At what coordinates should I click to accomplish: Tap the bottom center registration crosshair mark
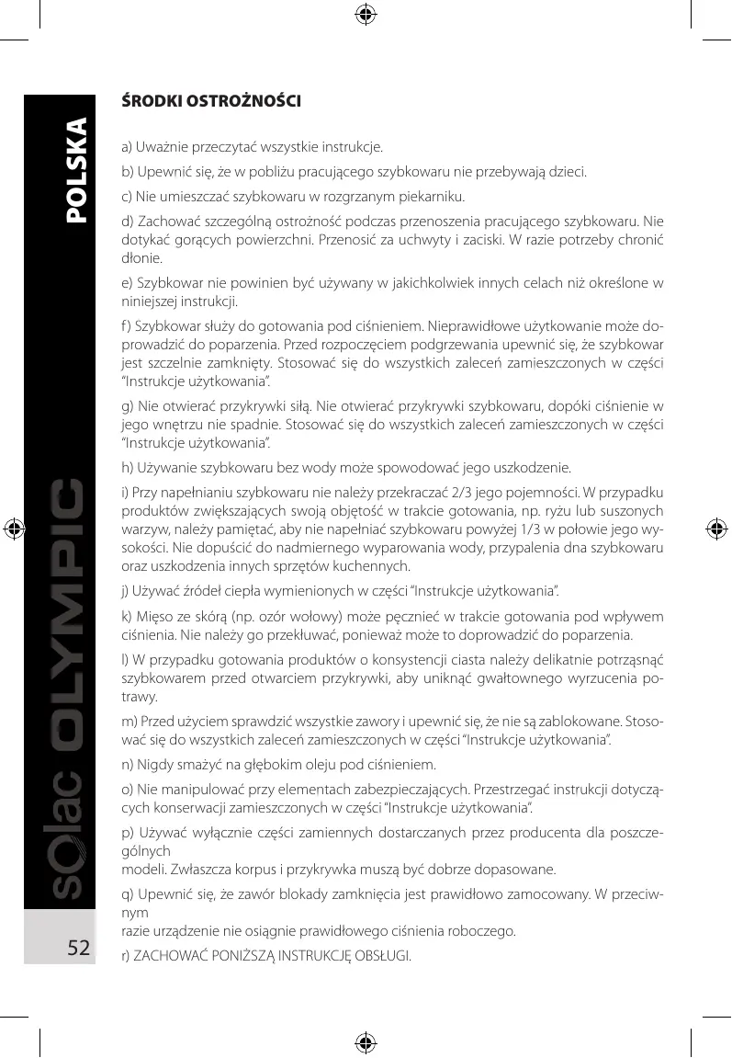[x=366, y=1042]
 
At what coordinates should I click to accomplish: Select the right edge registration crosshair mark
[x=715, y=529]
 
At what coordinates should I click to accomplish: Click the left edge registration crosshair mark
[x=16, y=529]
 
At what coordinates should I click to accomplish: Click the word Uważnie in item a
[x=165, y=147]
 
